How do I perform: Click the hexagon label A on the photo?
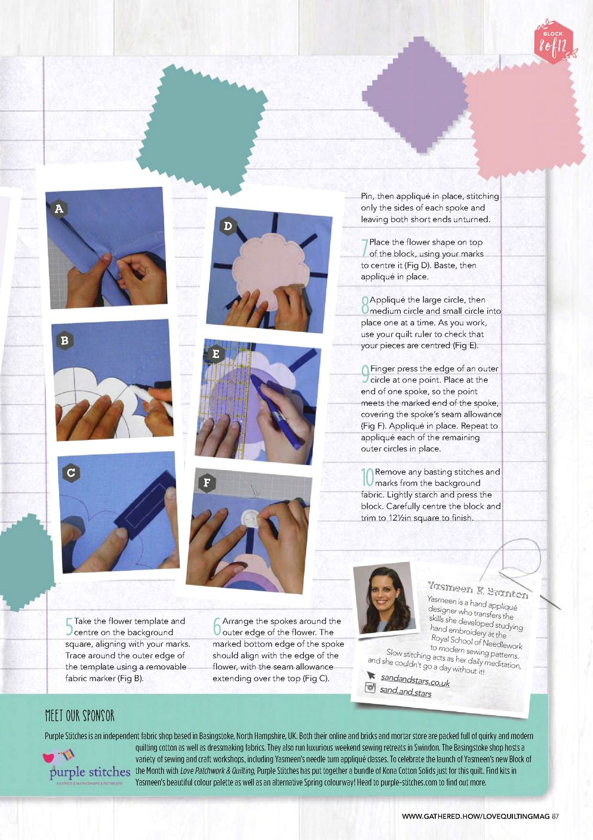[x=59, y=209]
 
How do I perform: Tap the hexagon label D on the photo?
[x=228, y=226]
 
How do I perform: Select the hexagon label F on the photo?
[x=207, y=482]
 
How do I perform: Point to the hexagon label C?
[x=71, y=472]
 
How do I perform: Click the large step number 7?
[x=364, y=248]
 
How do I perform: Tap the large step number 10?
[x=367, y=477]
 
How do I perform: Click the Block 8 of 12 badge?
[x=554, y=41]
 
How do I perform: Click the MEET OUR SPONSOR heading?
[x=79, y=716]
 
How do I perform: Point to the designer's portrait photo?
[x=385, y=599]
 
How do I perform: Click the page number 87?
[x=555, y=816]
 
